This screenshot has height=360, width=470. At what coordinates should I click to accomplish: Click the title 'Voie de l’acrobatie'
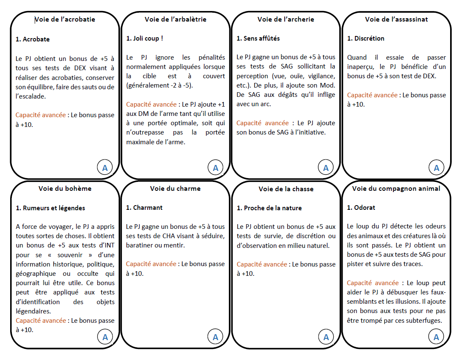point(65,19)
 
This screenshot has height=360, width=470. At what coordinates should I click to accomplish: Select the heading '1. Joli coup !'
point(145,38)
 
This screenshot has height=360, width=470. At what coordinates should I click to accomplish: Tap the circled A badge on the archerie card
point(326,168)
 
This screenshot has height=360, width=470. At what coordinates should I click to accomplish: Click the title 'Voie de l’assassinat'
point(396,19)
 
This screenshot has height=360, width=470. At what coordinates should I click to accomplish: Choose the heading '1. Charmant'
point(144,208)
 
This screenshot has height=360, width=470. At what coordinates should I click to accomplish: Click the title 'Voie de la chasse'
point(286,189)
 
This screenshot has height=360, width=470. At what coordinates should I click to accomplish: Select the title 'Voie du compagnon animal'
point(396,189)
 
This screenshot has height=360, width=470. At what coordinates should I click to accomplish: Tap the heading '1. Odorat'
point(361,208)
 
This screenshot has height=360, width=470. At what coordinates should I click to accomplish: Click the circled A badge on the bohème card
point(105,337)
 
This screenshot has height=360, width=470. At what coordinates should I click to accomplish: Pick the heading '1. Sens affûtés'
point(258,38)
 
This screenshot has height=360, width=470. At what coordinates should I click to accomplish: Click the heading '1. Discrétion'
point(366,38)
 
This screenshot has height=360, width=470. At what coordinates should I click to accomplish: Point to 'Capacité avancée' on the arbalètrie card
point(151,104)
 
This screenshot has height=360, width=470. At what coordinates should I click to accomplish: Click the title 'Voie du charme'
point(175,189)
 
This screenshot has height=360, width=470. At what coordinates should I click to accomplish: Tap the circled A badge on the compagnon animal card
point(436,337)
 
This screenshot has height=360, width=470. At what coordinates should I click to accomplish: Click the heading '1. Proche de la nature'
point(269,208)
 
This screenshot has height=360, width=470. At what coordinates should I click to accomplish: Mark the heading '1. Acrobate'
point(33,39)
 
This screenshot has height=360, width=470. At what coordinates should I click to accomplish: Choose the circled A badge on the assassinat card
point(436,168)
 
